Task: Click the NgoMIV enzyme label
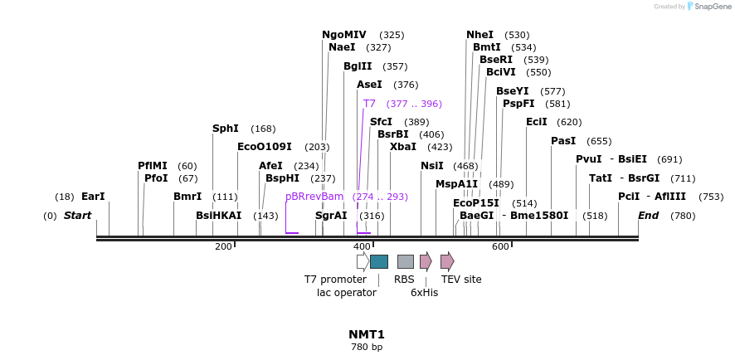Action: click(x=343, y=35)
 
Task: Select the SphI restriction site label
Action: click(x=225, y=129)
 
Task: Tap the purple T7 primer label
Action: click(x=369, y=104)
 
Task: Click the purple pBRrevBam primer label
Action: click(x=314, y=197)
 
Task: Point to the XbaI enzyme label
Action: click(x=403, y=147)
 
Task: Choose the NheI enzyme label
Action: click(x=479, y=35)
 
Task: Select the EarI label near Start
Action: click(x=93, y=197)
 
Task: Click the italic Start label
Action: click(x=77, y=216)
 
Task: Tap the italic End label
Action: click(x=648, y=216)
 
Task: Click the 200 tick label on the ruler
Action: click(x=223, y=247)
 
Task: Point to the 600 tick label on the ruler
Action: click(x=499, y=247)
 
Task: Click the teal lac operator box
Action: click(x=379, y=262)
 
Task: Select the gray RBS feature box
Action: click(x=405, y=262)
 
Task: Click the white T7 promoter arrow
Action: click(x=363, y=262)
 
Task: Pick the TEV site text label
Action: click(x=460, y=280)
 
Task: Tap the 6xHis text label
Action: click(x=424, y=293)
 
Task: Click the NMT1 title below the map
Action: click(x=367, y=334)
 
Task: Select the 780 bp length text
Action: click(x=367, y=348)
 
